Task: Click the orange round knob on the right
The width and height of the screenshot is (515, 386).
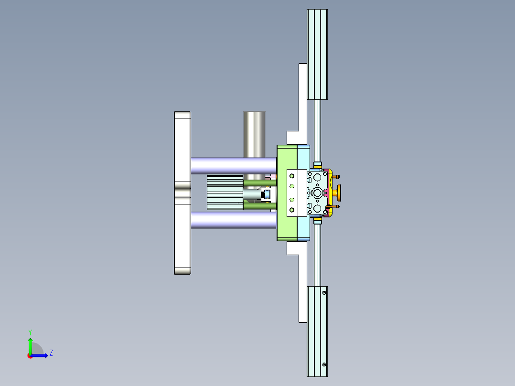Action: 339,193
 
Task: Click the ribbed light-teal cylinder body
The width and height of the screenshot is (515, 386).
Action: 225,192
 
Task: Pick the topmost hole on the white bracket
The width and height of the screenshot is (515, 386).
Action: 292,176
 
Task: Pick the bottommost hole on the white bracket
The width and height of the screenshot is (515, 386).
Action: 292,210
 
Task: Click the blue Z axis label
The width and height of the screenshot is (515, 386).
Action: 51,353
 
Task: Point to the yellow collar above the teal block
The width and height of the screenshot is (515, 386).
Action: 318,167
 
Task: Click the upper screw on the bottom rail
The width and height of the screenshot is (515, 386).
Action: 325,292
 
